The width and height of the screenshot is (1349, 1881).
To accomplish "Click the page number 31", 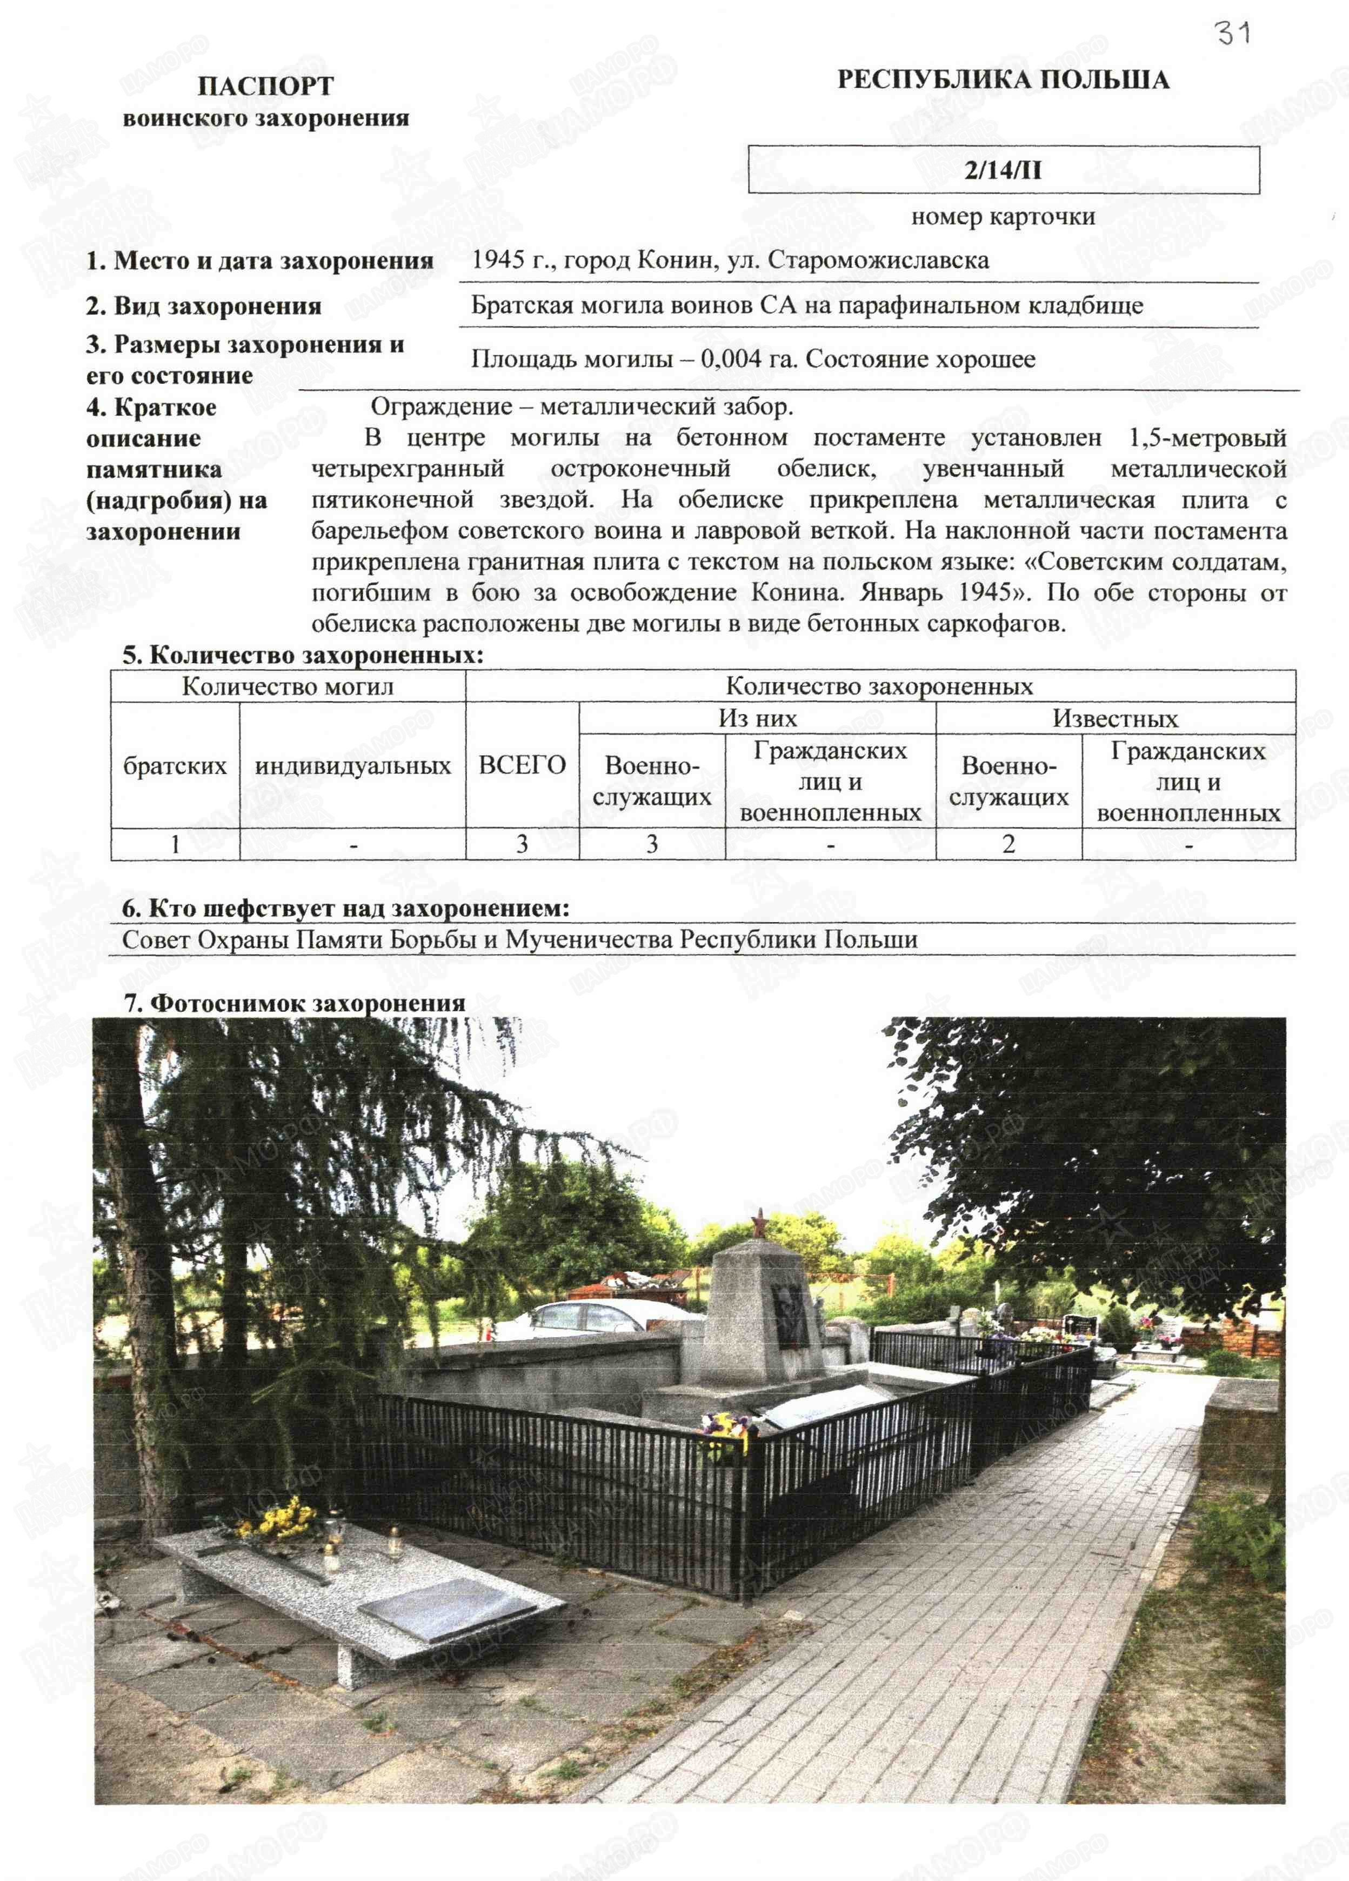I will coord(1232,33).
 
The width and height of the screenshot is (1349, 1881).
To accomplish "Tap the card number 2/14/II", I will coord(1003,170).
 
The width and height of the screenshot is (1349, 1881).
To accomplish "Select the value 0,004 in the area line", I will coord(730,359).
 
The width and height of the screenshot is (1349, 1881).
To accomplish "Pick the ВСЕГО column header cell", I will coord(522,765).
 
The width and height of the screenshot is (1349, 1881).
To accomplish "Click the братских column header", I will coord(175,765).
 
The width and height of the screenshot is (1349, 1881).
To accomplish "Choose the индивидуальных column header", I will coord(352,765).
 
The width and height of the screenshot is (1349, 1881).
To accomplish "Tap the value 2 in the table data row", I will coord(1008,844).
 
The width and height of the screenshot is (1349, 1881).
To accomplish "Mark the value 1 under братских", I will coord(175,844).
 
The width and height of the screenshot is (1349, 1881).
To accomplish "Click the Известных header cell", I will coord(1114,718).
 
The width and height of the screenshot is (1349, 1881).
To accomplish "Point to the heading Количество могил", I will coord(288,686).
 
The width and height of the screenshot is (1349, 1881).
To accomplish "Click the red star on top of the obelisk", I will coord(758,1224).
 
